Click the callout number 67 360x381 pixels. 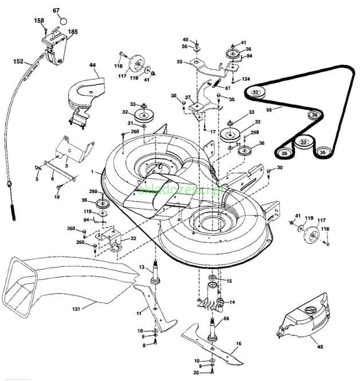coord(56,10)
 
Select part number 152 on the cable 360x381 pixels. coord(18,60)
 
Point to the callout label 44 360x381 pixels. coord(93,66)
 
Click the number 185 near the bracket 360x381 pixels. coord(73,32)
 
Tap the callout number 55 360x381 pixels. coord(179,61)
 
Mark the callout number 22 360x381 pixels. coord(133,238)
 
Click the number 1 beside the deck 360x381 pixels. coord(92,171)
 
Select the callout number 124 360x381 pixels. coord(246,78)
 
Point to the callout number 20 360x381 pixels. coord(196,372)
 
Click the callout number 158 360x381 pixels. coord(39,21)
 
